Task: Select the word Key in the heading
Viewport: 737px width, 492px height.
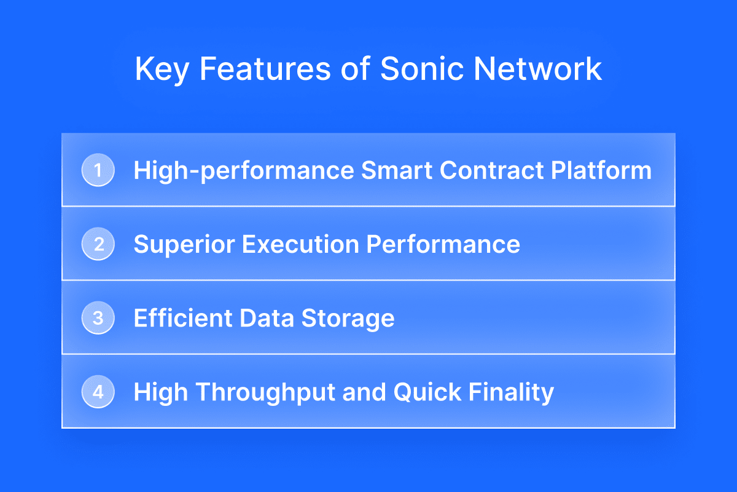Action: click(162, 71)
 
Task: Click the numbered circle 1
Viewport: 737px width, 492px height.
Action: click(98, 170)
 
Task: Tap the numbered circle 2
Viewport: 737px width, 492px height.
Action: click(98, 244)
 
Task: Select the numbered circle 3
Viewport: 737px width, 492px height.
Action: click(98, 318)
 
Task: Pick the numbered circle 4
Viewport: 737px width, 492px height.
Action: click(98, 392)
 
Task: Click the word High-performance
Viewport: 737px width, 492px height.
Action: click(244, 172)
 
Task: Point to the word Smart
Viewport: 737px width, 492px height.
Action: click(397, 170)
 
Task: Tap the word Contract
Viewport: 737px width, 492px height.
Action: click(491, 170)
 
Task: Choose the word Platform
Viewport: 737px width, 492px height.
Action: click(601, 170)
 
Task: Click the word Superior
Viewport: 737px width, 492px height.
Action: click(184, 245)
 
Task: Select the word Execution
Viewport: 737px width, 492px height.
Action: click(300, 244)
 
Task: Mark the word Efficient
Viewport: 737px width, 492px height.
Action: click(183, 318)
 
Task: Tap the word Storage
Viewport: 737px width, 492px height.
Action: click(348, 319)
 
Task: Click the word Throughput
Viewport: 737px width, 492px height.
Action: click(265, 393)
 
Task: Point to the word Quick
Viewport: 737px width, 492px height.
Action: click(427, 392)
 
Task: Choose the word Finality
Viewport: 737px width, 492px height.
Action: click(511, 393)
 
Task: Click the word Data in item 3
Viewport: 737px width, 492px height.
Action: click(267, 318)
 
